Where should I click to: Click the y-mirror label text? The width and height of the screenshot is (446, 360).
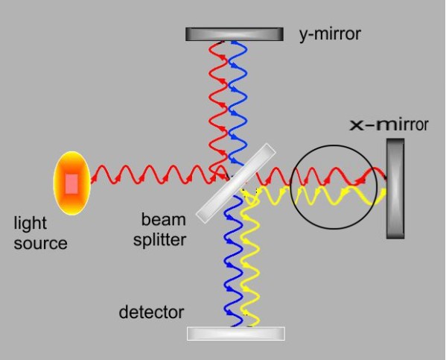point(329,34)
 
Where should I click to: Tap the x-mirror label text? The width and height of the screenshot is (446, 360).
point(389,124)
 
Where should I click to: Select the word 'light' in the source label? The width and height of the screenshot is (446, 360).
point(30,224)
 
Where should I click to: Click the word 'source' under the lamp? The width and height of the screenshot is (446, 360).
point(41,242)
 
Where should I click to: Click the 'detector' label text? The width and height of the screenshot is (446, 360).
point(151,312)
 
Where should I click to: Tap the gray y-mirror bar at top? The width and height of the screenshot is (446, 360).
point(234,34)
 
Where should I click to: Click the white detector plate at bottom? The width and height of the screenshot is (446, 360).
point(235,333)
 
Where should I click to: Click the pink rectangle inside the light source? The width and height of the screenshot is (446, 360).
point(71,183)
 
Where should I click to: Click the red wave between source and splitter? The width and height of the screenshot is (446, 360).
point(149,177)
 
